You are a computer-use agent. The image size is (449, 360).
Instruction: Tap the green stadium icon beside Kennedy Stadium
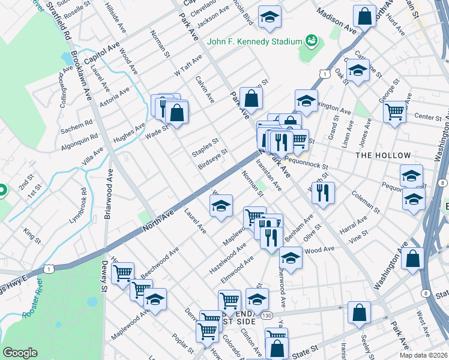(311, 41)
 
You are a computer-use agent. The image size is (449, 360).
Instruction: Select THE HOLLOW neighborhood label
(383, 155)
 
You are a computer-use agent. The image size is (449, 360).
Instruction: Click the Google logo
(20, 353)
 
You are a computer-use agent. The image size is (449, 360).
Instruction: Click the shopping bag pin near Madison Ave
(364, 16)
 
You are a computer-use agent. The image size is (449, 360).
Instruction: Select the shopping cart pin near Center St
(394, 110)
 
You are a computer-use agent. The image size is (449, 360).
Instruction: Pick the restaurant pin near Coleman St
(323, 192)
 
